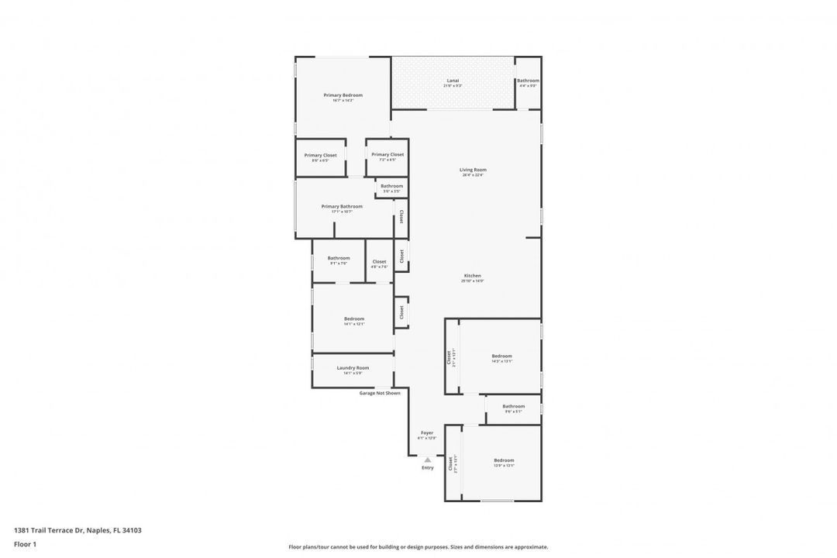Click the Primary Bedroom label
click(x=343, y=95)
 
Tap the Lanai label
click(x=453, y=81)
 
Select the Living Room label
click(x=473, y=170)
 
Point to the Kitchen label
click(x=473, y=276)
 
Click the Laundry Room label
click(x=353, y=368)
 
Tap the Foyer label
click(x=427, y=432)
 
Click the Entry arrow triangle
click(x=427, y=460)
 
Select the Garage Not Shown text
click(x=380, y=393)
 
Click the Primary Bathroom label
click(x=342, y=206)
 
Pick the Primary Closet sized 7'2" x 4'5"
click(x=387, y=154)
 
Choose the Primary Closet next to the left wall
click(x=320, y=155)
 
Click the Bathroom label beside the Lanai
click(x=529, y=81)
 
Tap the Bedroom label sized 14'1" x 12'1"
click(x=353, y=319)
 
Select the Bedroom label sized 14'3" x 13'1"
click(x=501, y=356)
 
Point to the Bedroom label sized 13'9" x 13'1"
click(x=504, y=460)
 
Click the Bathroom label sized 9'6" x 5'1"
click(x=513, y=406)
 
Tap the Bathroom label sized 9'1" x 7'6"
click(x=339, y=258)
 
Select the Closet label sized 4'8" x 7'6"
click(x=379, y=262)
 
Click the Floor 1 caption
click(x=25, y=544)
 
